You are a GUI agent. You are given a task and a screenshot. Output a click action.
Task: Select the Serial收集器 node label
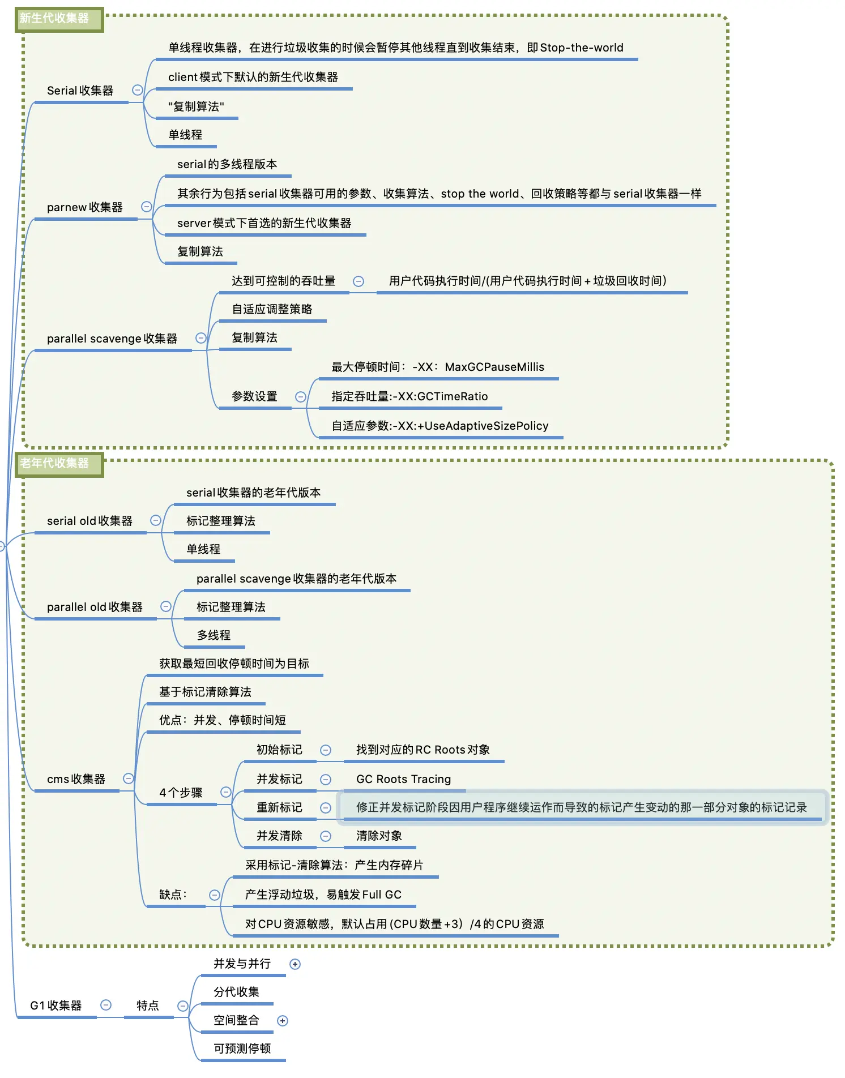point(80,91)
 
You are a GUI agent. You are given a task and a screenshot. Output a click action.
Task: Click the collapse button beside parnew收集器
point(146,207)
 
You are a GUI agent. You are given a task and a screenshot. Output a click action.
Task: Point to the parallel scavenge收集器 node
point(112,339)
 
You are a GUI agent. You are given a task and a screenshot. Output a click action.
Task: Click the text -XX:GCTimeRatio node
point(409,396)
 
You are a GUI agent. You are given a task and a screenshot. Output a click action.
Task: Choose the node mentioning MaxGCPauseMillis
point(438,367)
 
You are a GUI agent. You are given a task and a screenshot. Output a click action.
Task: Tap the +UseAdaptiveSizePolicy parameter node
point(440,426)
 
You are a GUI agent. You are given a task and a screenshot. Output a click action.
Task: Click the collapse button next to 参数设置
point(301,397)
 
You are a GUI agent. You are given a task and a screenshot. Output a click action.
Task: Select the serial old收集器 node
point(89,521)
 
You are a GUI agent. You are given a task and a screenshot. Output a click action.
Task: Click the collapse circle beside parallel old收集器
point(166,606)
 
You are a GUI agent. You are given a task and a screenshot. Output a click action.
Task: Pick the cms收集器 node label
point(76,779)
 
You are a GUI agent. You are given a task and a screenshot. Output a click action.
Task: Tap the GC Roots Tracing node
point(403,779)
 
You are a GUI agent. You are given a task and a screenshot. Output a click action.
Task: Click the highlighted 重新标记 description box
point(581,807)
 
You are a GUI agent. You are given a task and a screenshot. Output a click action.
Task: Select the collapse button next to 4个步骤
point(225,792)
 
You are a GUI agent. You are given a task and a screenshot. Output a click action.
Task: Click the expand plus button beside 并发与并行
point(295,964)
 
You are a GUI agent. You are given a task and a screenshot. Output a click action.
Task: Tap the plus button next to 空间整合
point(283,1021)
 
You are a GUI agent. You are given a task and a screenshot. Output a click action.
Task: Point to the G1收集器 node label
point(56,1006)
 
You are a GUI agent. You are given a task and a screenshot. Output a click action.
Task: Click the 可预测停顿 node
point(242,1049)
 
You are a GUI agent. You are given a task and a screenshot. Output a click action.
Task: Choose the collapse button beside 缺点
point(215,895)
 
